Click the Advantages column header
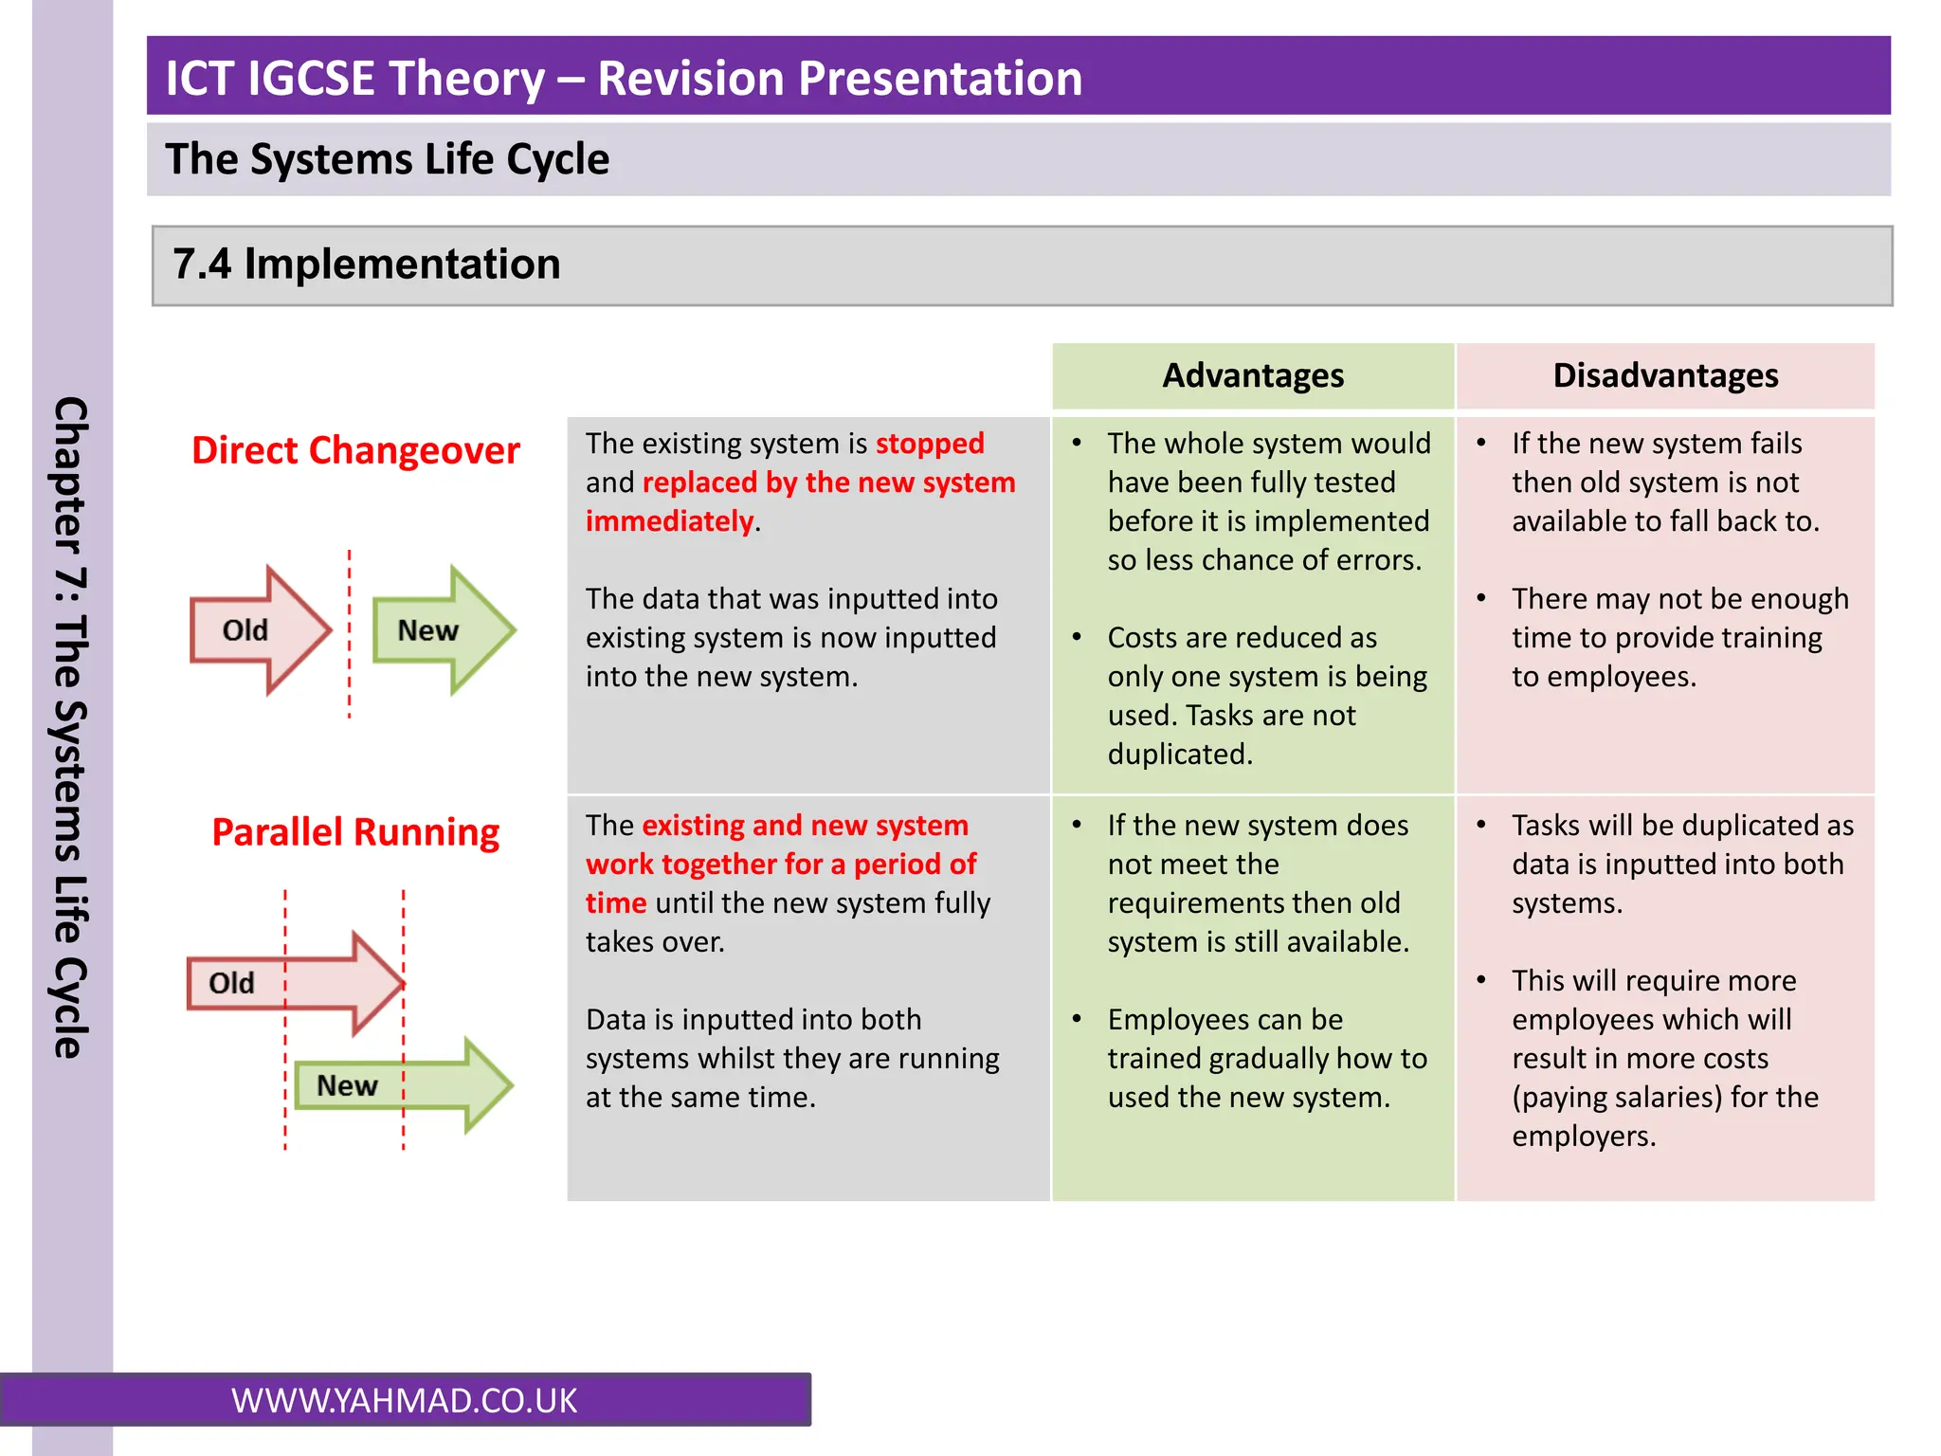1252,376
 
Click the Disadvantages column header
1665,376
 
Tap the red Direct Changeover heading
355,450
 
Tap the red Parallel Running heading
355,832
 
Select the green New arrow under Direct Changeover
442,630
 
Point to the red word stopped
929,444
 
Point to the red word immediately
669,521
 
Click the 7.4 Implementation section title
367,264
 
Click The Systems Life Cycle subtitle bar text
387,159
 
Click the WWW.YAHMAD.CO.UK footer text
404,1400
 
